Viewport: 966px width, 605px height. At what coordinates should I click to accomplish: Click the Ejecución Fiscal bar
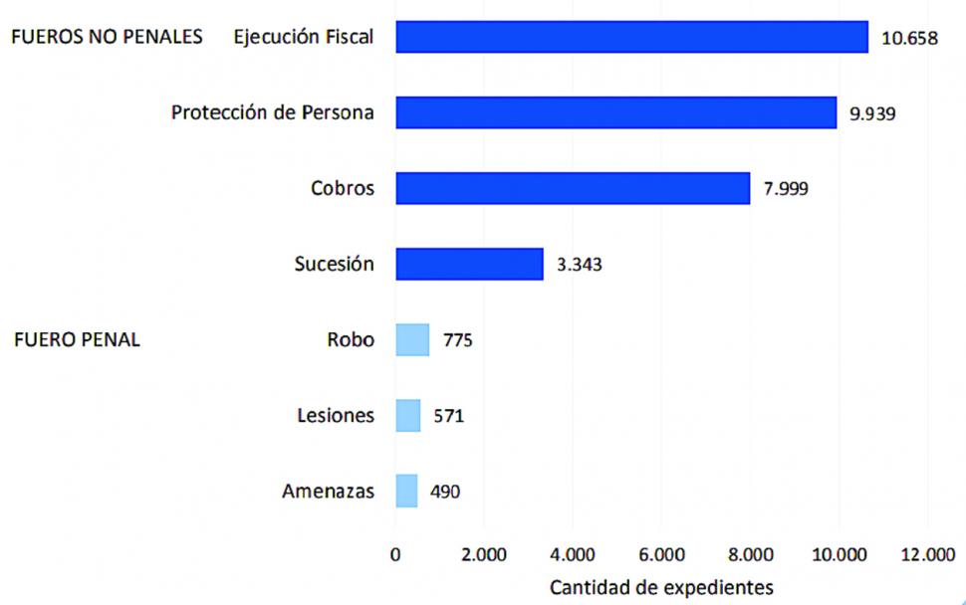(x=631, y=37)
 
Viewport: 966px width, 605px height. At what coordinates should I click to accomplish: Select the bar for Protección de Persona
(x=615, y=112)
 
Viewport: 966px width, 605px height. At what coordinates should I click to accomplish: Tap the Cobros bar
(x=572, y=188)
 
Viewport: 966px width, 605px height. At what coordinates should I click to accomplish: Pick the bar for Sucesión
(x=469, y=264)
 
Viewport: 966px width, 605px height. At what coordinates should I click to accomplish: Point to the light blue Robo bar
(x=412, y=340)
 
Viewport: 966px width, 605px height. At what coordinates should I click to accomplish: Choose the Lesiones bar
(x=408, y=415)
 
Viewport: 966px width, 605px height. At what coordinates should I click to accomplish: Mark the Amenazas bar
(x=406, y=491)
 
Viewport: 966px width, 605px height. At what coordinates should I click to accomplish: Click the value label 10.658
(x=909, y=39)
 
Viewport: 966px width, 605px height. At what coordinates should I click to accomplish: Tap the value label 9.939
(x=872, y=113)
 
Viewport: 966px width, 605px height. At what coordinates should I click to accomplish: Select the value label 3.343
(x=579, y=265)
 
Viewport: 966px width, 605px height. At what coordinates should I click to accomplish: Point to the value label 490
(x=444, y=492)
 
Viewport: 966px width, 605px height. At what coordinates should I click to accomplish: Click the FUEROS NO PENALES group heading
(x=107, y=38)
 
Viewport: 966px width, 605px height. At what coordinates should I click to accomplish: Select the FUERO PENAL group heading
(x=78, y=340)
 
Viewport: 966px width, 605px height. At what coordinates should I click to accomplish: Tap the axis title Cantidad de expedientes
(x=660, y=586)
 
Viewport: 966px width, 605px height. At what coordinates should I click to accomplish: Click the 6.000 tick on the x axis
(x=662, y=554)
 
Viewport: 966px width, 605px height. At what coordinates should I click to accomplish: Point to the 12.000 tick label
(x=926, y=554)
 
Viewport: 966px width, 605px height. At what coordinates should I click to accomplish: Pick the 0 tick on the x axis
(x=395, y=554)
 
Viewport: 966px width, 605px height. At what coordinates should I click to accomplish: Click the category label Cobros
(x=343, y=188)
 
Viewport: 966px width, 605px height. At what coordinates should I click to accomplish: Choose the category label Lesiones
(x=336, y=415)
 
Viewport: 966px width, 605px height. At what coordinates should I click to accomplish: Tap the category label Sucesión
(x=334, y=264)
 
